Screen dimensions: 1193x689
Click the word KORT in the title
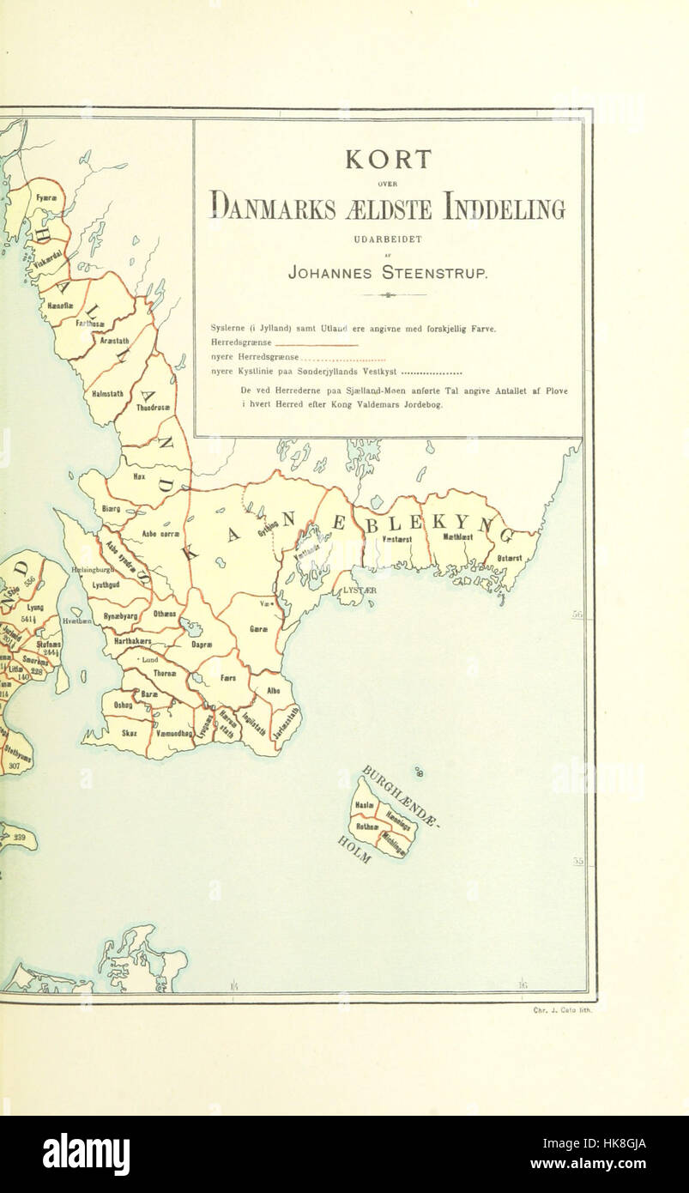(x=388, y=160)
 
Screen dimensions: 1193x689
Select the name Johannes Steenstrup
(x=388, y=274)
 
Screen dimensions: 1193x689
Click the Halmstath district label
(x=107, y=394)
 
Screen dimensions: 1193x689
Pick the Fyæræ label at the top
(x=45, y=198)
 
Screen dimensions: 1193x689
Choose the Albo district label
(x=273, y=689)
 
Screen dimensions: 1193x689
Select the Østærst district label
(x=509, y=558)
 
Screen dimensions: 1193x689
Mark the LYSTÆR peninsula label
(x=360, y=590)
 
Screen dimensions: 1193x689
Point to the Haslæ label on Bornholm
(x=364, y=808)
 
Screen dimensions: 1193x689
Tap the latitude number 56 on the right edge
(x=577, y=615)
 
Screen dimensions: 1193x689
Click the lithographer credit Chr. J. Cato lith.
(x=562, y=1010)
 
